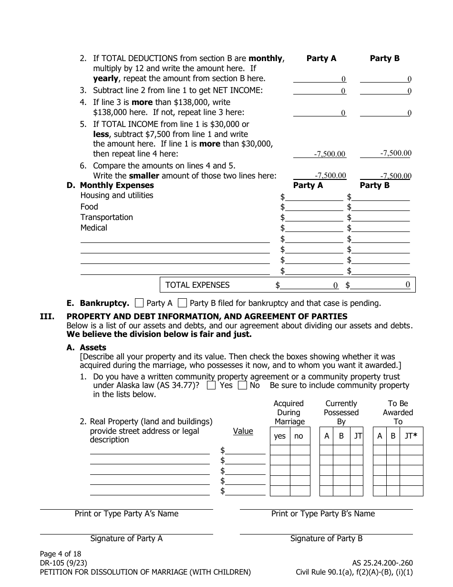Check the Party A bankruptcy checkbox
click(x=139, y=303)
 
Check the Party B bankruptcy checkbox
click(x=182, y=303)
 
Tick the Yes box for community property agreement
click(x=211, y=385)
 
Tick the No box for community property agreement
click(x=242, y=385)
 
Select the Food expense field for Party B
click(x=381, y=207)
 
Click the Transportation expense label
click(x=106, y=217)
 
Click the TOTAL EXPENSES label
click(x=197, y=285)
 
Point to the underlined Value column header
click(x=243, y=431)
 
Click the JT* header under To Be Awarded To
click(x=411, y=436)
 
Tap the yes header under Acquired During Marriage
click(x=280, y=436)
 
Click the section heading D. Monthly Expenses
click(x=110, y=185)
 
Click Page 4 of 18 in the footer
click(x=61, y=554)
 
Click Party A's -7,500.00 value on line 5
click(x=330, y=154)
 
